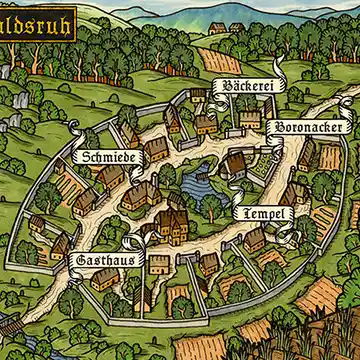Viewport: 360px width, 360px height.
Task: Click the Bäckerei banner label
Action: (249, 87)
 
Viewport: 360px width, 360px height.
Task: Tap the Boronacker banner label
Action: (308, 129)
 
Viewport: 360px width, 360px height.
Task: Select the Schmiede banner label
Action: (101, 158)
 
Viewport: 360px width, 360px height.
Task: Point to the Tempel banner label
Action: (262, 214)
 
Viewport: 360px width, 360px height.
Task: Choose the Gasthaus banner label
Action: (101, 259)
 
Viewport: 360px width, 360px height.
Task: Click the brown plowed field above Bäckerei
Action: (222, 60)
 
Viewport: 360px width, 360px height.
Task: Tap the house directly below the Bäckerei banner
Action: (249, 118)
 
